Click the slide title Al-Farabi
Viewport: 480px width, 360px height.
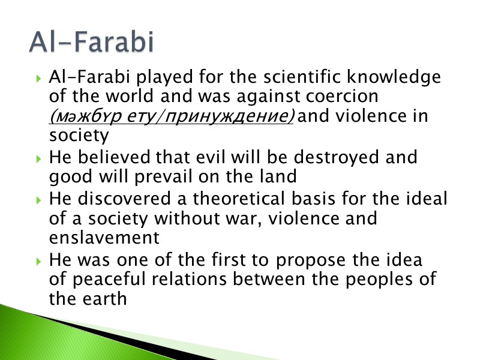[91, 44]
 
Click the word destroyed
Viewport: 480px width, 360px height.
[322, 158]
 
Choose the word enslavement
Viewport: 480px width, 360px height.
[104, 238]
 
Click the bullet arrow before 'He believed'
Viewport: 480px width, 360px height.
[39, 159]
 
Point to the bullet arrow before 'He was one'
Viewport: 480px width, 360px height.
[39, 262]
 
